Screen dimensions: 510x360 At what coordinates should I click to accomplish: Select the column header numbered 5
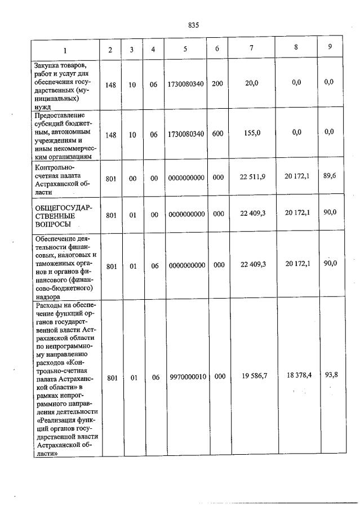[185, 49]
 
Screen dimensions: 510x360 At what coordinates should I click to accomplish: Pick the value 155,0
[252, 133]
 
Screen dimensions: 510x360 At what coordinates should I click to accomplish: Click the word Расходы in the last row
[48, 305]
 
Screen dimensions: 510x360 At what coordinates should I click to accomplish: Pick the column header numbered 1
[65, 50]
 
